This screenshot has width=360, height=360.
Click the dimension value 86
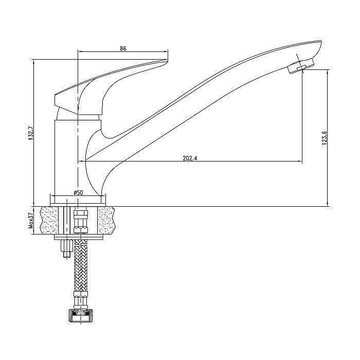click(123, 49)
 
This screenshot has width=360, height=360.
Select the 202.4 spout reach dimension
click(190, 158)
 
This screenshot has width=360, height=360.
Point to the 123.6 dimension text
click(324, 138)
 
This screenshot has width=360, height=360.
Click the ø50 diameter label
click(78, 193)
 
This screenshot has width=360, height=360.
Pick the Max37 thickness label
click(31, 221)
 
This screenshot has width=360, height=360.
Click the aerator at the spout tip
click(300, 66)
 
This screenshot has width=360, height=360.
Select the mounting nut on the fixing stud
click(66, 246)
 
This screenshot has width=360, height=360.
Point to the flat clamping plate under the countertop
click(78, 237)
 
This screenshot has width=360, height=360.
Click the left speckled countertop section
click(49, 221)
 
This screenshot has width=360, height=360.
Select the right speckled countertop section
click(106, 221)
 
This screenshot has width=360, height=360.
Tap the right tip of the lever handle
click(167, 60)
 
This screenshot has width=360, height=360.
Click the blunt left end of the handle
click(55, 99)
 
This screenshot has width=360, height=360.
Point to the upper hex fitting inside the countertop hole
click(80, 214)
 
